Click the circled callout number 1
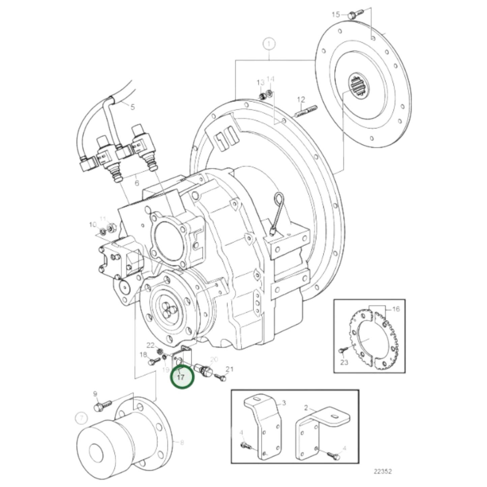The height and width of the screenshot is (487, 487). (x=269, y=44)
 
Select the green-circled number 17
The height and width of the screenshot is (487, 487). (x=182, y=377)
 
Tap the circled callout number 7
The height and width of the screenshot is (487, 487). (x=81, y=419)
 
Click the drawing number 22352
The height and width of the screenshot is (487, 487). (x=382, y=471)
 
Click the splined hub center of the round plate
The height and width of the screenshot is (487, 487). (x=358, y=87)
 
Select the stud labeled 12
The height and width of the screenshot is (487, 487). (x=306, y=111)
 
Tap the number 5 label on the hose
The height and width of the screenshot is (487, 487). (x=132, y=107)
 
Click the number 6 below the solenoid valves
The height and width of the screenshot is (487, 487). (x=136, y=183)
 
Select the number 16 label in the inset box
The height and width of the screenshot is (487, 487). (x=396, y=309)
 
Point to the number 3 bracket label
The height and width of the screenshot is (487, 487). (x=284, y=402)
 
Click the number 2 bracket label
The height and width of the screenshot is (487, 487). (x=306, y=408)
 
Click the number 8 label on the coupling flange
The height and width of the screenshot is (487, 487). (x=182, y=443)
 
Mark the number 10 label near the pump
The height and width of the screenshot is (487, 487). (x=92, y=224)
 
